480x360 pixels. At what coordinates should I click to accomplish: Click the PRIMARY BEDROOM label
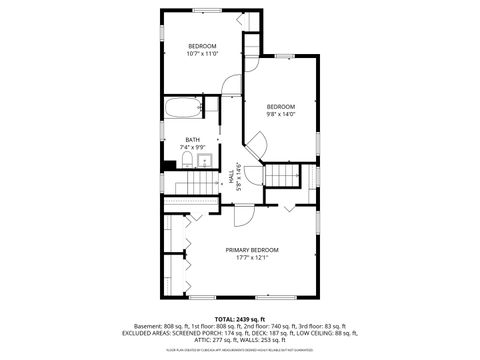(251, 249)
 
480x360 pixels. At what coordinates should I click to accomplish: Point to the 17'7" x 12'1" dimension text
(251, 257)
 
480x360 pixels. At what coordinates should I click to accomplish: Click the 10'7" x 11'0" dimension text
(202, 54)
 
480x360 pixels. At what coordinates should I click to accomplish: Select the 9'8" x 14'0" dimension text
(280, 114)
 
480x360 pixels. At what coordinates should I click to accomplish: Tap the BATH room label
(191, 140)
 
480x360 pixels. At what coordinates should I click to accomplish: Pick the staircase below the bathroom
(195, 190)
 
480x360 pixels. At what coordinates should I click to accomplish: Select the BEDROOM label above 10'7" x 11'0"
(202, 46)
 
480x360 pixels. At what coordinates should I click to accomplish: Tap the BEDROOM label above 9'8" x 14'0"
(280, 106)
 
